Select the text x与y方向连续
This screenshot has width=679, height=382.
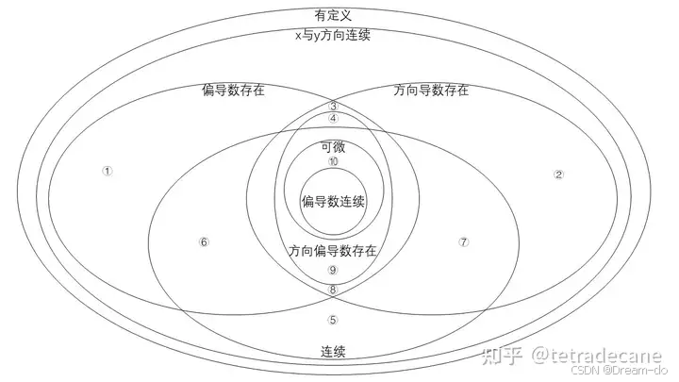333,34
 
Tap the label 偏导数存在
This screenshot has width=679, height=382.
233,91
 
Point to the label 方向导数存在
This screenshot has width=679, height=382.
431,91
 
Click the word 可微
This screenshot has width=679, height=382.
333,146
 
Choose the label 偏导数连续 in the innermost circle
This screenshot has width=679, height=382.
333,202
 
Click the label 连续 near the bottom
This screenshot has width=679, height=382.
333,352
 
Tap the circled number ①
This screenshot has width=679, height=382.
108,172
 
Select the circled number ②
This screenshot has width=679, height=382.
558,174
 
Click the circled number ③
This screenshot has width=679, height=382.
333,107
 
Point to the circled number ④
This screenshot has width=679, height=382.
333,119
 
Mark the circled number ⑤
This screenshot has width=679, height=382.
333,320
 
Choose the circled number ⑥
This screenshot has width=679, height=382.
204,242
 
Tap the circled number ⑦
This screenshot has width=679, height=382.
463,242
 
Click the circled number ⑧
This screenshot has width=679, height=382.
333,289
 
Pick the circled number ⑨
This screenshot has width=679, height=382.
333,271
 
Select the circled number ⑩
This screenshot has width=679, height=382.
333,161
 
